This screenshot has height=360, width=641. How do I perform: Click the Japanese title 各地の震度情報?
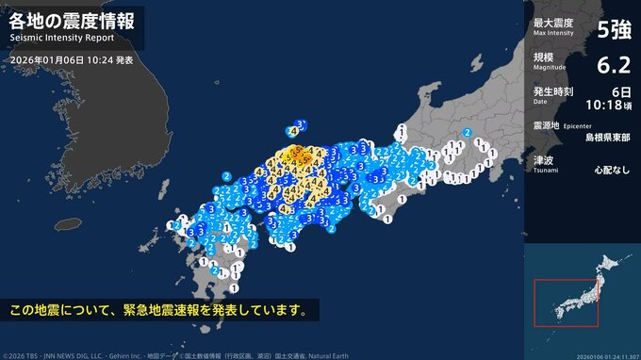(x=72, y=20)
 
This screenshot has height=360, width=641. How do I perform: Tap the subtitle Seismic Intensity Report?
(x=62, y=39)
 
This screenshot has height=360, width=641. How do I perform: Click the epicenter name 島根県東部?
(x=608, y=136)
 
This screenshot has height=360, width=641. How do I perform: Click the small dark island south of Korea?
(x=66, y=223)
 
